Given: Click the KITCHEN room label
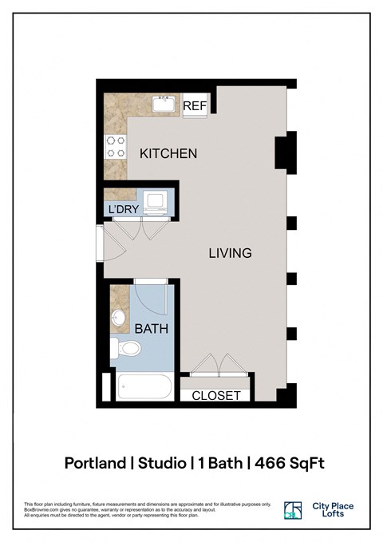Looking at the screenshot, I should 168,153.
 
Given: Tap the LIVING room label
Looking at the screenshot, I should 230,253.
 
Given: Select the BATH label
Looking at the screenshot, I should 151,328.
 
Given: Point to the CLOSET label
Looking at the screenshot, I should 216,395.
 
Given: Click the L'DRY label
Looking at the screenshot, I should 124,210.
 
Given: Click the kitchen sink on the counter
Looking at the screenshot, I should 166,103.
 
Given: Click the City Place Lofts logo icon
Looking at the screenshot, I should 293,511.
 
